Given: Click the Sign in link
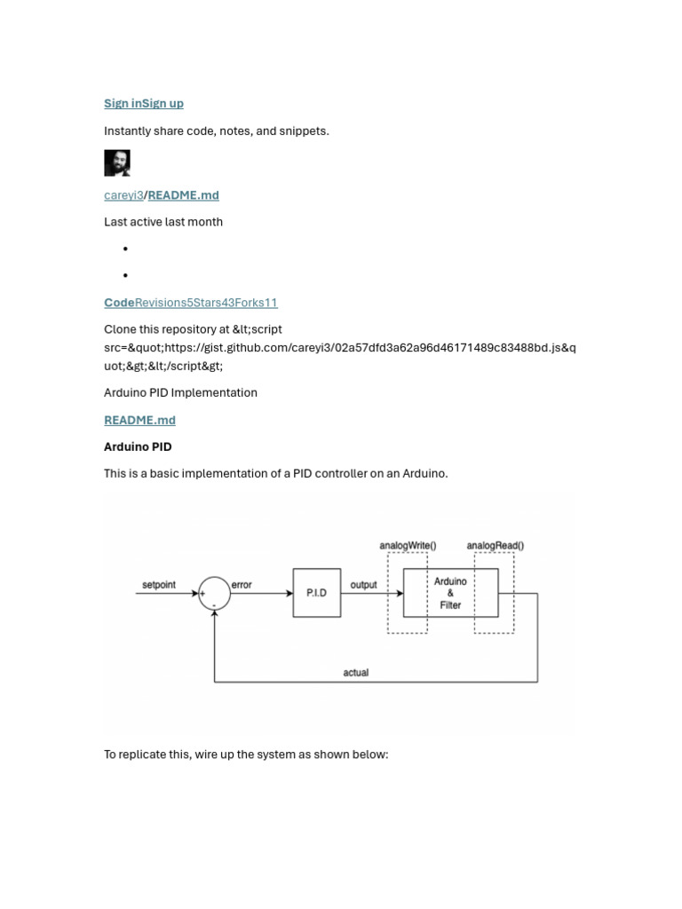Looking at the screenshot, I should point(122,104).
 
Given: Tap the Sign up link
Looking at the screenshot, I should point(163,104).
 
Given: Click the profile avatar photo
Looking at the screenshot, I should point(117,162).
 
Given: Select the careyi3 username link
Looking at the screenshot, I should point(123,195).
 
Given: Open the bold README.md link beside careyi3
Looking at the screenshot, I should point(183,195).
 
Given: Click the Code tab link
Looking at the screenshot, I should point(119,303).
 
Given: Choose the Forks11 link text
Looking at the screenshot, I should point(257,303).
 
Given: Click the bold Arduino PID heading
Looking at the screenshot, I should point(138,447).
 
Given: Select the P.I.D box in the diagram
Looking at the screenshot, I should point(317,592).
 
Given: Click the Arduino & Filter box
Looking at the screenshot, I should point(450,592).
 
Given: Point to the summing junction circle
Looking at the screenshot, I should point(214,593).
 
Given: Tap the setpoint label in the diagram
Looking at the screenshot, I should point(159,585).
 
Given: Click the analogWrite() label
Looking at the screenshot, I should point(408,545).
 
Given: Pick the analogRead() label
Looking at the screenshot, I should point(495,545).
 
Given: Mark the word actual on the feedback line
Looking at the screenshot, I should point(355,673).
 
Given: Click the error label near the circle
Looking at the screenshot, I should point(242,585).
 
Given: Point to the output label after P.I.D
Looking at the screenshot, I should point(363,585).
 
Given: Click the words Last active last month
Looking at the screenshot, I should point(163,222).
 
